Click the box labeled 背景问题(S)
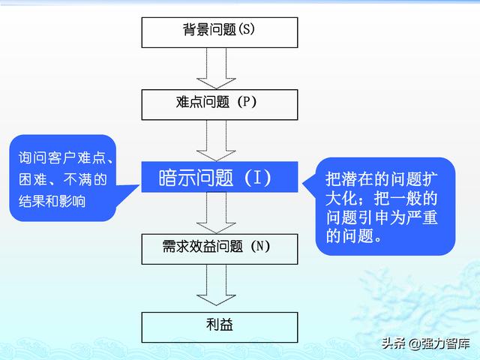click(x=220, y=32)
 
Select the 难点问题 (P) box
click(x=220, y=105)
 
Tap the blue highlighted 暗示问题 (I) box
click(x=220, y=177)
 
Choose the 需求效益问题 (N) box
click(x=220, y=249)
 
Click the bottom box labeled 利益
click(x=220, y=327)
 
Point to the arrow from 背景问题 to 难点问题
click(x=216, y=68)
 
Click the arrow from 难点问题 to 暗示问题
click(x=216, y=141)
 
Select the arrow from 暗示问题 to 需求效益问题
click(x=216, y=213)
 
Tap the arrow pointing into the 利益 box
click(x=216, y=285)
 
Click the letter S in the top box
click(x=246, y=29)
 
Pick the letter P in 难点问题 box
click(x=245, y=101)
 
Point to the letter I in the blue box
click(x=257, y=177)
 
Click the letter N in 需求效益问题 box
click(x=259, y=246)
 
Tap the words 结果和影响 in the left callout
click(x=52, y=201)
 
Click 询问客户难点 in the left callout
click(x=62, y=157)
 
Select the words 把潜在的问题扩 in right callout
click(x=382, y=178)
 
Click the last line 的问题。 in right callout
click(x=353, y=235)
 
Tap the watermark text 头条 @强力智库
click(x=425, y=343)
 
